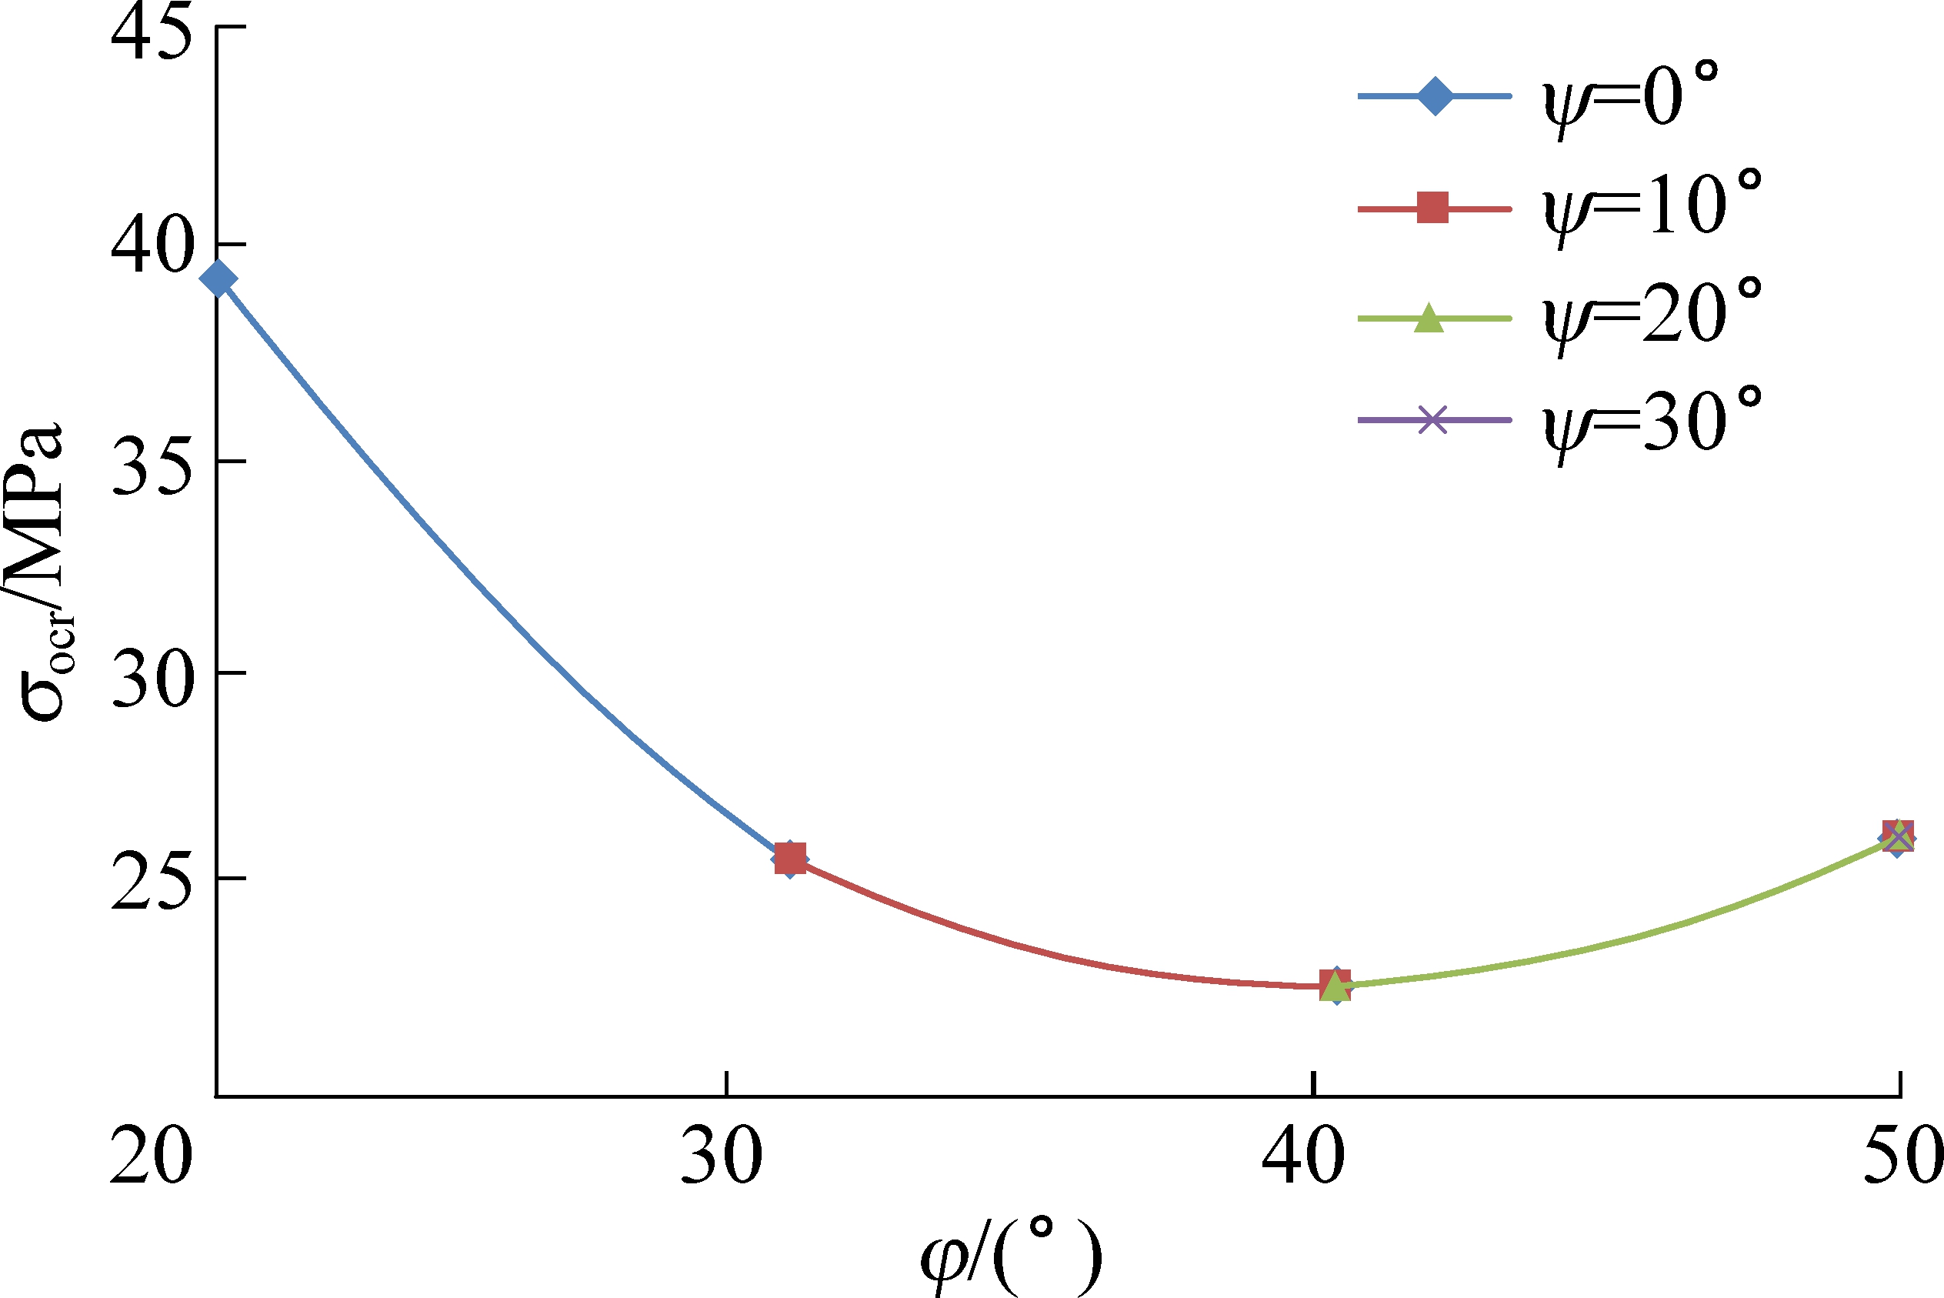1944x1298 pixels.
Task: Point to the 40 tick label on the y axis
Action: coord(152,246)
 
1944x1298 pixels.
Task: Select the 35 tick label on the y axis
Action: coord(152,467)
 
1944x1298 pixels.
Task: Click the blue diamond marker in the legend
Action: coord(1434,97)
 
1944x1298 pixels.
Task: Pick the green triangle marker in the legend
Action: coord(1429,318)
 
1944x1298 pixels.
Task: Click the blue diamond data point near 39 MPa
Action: coord(219,279)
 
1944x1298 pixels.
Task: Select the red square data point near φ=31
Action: coord(790,860)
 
